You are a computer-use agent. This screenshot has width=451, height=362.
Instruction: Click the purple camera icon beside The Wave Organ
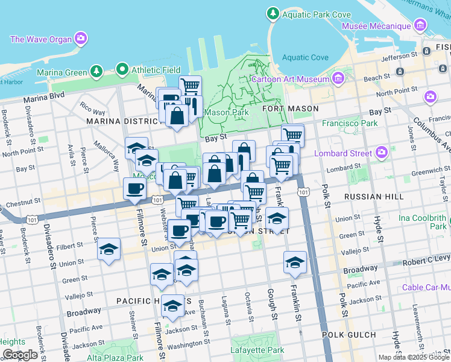click(x=81, y=39)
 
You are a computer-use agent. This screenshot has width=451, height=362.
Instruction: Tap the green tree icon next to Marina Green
click(x=96, y=72)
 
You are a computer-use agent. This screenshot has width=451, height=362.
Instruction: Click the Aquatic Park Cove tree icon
click(x=273, y=13)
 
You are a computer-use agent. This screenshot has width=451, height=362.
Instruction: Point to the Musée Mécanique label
click(x=376, y=26)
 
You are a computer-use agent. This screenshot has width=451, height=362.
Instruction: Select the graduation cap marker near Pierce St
click(x=109, y=249)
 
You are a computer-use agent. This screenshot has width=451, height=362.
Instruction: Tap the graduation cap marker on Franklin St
click(x=295, y=262)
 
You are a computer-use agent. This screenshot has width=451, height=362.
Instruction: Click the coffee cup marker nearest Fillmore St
click(x=134, y=188)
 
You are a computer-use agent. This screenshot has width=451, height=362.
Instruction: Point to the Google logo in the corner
click(x=20, y=355)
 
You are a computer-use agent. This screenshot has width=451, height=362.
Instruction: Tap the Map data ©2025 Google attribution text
click(x=413, y=357)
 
